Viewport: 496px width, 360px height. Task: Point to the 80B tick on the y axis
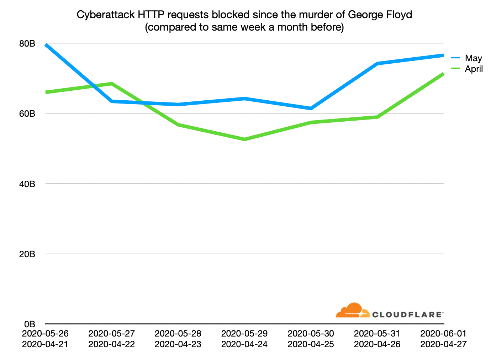pyautogui.click(x=27, y=44)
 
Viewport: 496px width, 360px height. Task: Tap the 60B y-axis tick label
pyautogui.click(x=27, y=114)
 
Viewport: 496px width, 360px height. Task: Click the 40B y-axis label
pyautogui.click(x=27, y=184)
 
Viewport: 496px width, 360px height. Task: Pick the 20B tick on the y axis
pyautogui.click(x=27, y=254)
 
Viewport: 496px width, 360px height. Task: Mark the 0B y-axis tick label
pyautogui.click(x=29, y=324)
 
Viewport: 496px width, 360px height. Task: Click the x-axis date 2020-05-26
pyautogui.click(x=45, y=334)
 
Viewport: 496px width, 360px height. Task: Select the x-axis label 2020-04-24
pyautogui.click(x=244, y=344)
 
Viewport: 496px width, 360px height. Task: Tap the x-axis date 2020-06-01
pyautogui.click(x=443, y=334)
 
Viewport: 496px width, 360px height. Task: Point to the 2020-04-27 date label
pyautogui.click(x=443, y=344)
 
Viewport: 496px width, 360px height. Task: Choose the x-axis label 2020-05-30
pyautogui.click(x=311, y=334)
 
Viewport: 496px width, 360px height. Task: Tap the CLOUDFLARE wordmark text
pyautogui.click(x=407, y=314)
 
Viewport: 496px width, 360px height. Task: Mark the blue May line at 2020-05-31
pyautogui.click(x=377, y=63)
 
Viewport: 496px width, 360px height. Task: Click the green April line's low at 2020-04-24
pyautogui.click(x=244, y=139)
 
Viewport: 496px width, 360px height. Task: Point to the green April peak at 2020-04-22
pyautogui.click(x=112, y=84)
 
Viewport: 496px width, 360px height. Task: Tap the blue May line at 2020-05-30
pyautogui.click(x=311, y=108)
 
